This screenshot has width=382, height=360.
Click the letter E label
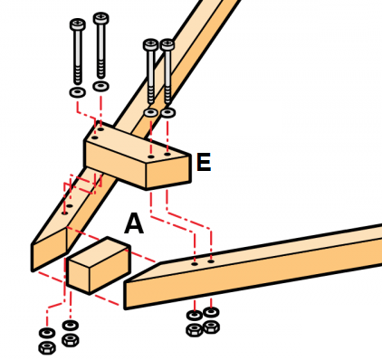click(204, 162)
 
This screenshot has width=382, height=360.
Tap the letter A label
click(134, 223)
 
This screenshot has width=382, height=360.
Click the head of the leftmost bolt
click(78, 24)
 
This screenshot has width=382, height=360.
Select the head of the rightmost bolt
click(167, 45)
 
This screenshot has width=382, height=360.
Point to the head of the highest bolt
click(101, 18)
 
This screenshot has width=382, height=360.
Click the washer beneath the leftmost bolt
click(77, 92)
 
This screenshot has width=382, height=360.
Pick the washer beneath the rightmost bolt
click(167, 113)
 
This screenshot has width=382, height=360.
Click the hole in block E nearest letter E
click(167, 154)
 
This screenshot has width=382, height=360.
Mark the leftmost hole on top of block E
click(94, 137)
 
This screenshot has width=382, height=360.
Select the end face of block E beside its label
click(168, 172)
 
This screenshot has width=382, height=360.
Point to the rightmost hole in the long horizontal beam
click(211, 261)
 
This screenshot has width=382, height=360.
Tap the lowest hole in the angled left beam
click(64, 213)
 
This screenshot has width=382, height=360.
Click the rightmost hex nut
click(211, 327)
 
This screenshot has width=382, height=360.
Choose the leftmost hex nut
click(47, 348)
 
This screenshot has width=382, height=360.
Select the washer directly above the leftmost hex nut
click(47, 333)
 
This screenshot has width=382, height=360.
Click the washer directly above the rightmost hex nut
click(211, 312)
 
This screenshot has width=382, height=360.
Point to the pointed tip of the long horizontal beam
click(125, 282)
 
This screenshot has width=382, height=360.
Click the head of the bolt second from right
click(150, 45)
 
